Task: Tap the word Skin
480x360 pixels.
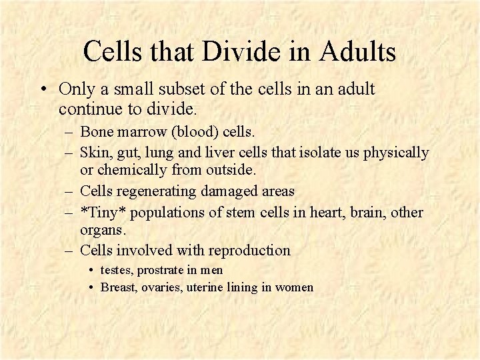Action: tap(93, 153)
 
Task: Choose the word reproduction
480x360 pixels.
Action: tap(249, 251)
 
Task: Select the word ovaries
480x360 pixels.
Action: tap(162, 287)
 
